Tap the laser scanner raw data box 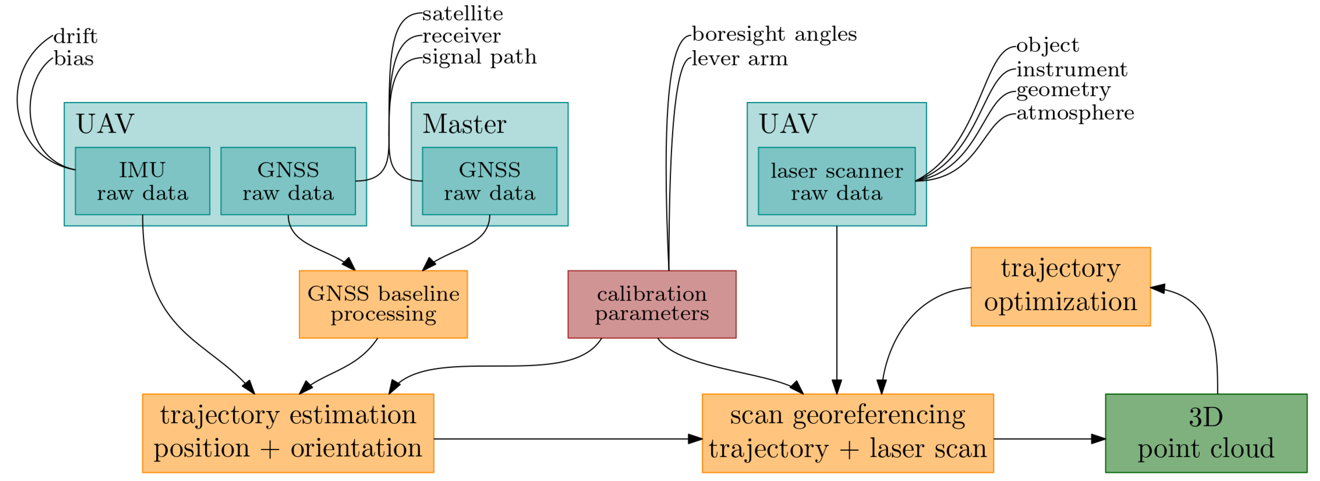[836, 181]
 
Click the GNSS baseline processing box [383, 304]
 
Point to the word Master [464, 124]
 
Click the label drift [75, 36]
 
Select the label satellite [462, 14]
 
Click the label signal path [479, 57]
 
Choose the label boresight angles [774, 34]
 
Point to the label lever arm [739, 59]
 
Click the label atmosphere [1075, 113]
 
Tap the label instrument [1071, 69]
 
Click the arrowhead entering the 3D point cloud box [1098, 439]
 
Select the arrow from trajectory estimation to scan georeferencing [564, 439]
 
